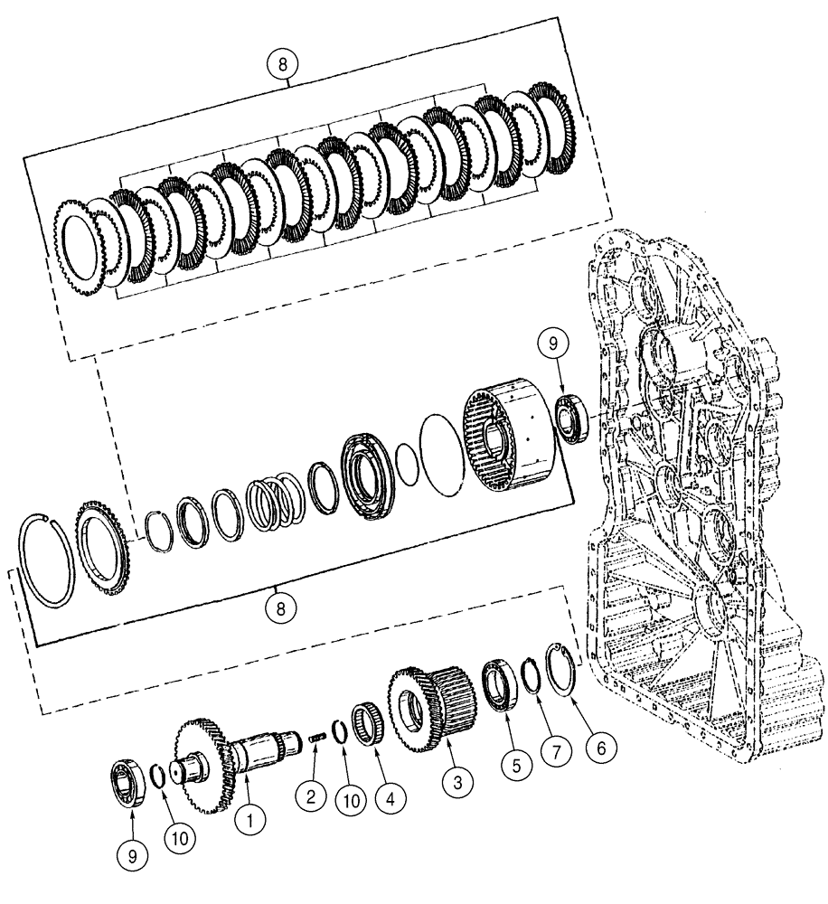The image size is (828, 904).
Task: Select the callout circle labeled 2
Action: (x=310, y=796)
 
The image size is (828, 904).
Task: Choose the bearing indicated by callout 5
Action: (x=498, y=683)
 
